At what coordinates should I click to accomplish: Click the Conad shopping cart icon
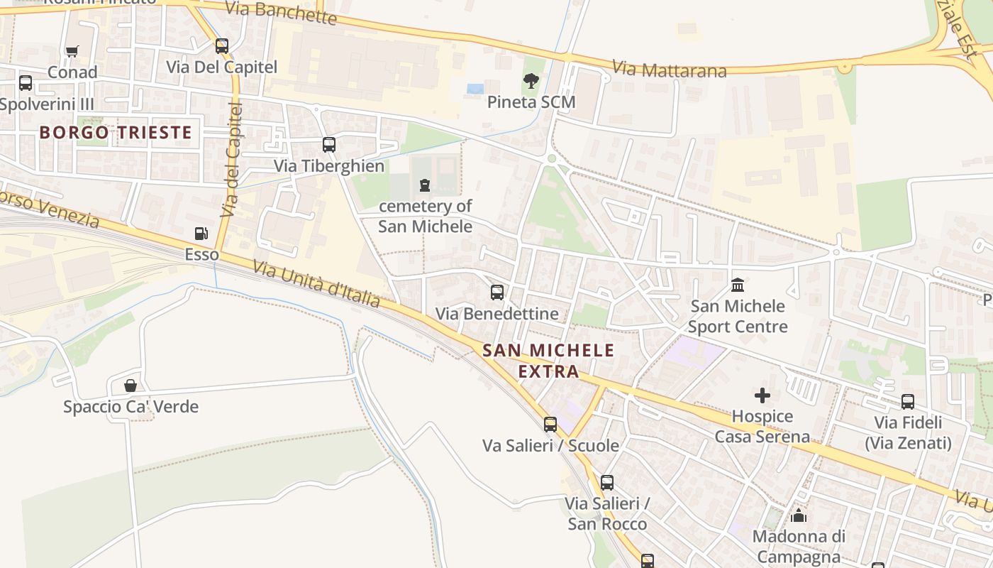click(72, 51)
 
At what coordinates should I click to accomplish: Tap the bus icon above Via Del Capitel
click(222, 46)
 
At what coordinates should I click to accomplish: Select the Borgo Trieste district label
click(116, 132)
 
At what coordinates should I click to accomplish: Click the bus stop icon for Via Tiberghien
click(329, 145)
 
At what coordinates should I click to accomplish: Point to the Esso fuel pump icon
click(201, 234)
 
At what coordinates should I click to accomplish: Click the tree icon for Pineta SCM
click(531, 81)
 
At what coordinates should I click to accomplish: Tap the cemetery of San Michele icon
click(425, 186)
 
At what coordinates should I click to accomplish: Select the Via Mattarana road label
click(669, 70)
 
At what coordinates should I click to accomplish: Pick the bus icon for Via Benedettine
click(497, 293)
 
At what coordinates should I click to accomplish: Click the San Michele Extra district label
click(548, 360)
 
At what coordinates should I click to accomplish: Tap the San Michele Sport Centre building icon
click(738, 285)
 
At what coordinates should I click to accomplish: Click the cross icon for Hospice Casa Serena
click(762, 395)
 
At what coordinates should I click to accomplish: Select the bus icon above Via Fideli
click(908, 402)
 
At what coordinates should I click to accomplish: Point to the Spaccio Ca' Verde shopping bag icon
click(131, 386)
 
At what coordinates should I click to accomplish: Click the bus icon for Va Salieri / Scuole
click(550, 425)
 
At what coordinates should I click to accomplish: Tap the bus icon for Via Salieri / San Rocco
click(607, 483)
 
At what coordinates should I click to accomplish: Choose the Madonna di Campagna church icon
click(799, 515)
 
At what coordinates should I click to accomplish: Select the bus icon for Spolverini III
click(26, 83)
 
